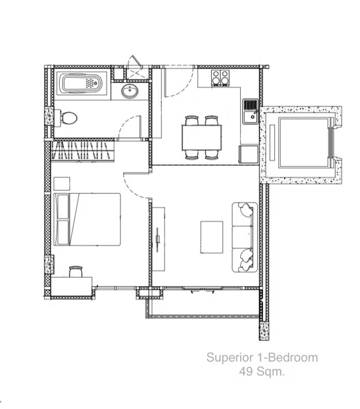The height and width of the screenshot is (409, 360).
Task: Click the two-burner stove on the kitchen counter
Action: tap(220, 78)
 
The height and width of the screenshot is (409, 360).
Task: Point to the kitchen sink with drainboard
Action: tap(250, 111)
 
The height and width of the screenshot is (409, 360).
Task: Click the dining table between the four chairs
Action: tap(202, 138)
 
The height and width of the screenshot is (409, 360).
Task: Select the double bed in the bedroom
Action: tap(87, 219)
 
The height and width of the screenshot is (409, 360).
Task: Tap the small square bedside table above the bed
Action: tap(62, 183)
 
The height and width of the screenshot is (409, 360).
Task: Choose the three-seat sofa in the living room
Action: tap(244, 237)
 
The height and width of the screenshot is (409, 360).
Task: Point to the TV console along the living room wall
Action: tap(158, 239)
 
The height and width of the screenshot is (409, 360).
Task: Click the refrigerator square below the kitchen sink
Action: tap(249, 155)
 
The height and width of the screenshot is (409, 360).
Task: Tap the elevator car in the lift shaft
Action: tap(304, 142)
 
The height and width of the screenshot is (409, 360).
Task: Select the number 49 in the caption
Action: tap(246, 372)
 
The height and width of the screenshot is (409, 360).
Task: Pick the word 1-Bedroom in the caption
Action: tap(287, 358)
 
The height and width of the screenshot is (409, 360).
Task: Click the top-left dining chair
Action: tap(191, 121)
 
